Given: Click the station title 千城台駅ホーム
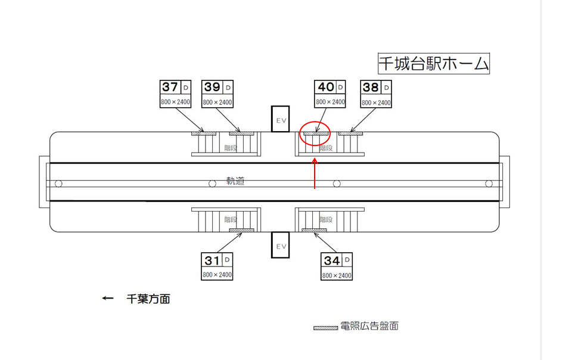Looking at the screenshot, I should point(433,63).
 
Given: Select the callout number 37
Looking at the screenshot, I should point(170,88).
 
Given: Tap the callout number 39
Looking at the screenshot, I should point(212,88).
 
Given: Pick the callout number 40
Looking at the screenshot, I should point(325,88).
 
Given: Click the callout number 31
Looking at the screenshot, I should point(212,260).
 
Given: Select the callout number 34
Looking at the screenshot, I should point(331,260).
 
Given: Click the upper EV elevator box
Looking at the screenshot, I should point(280,119).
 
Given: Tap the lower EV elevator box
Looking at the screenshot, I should point(280,245).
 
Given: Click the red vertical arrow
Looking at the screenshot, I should point(315,173).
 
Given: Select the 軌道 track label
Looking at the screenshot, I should point(235,181).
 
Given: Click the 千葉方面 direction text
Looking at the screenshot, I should point(148,299).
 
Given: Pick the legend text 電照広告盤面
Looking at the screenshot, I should point(369,326).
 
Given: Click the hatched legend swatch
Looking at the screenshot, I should point(326,327).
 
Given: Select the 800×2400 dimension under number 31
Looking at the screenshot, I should point(217,275).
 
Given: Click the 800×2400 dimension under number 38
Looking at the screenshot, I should point(377,103).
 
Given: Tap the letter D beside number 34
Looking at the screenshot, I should point(347,260).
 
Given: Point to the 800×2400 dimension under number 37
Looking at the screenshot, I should point(175,103).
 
